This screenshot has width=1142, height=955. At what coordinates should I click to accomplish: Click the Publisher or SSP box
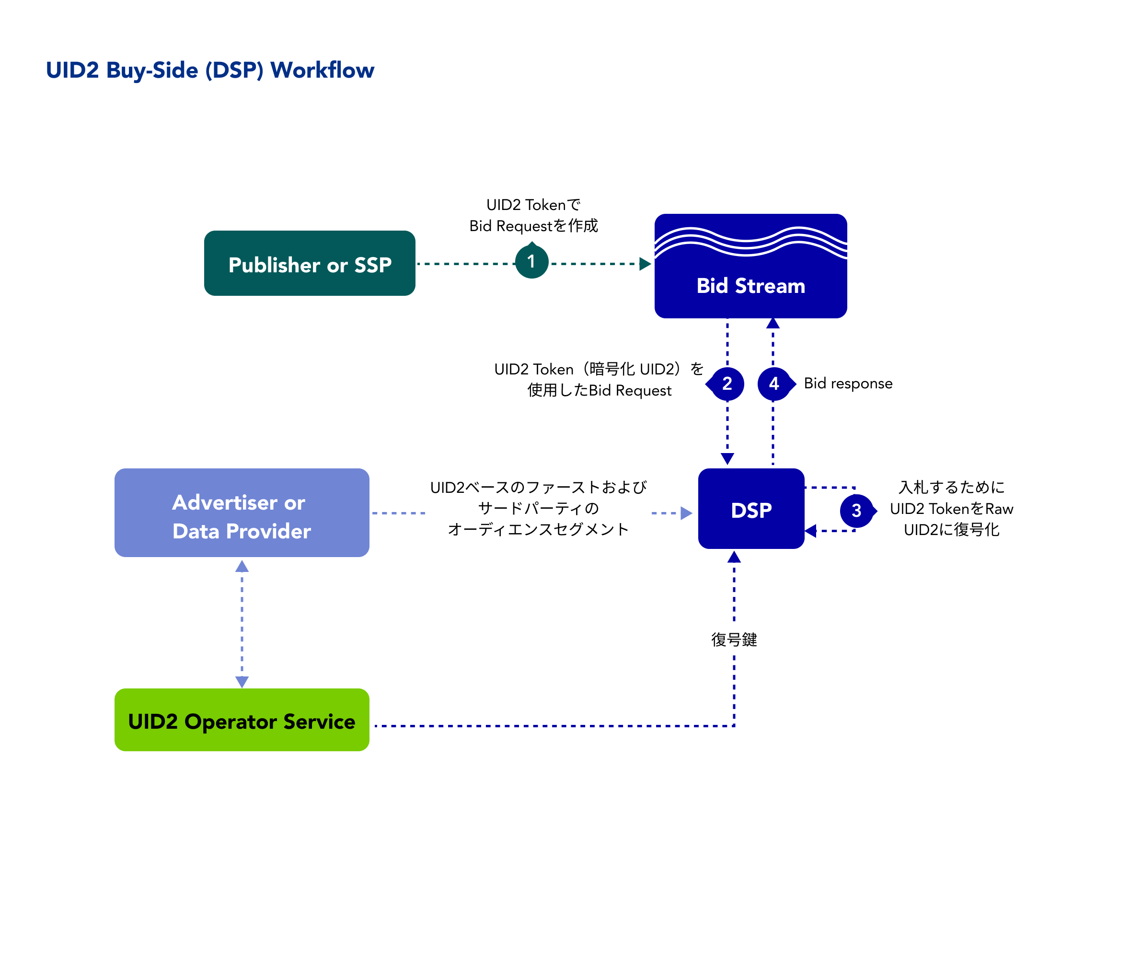point(310,263)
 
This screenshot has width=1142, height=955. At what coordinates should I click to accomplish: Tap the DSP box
point(751,509)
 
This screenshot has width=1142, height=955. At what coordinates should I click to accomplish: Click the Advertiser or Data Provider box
point(242,512)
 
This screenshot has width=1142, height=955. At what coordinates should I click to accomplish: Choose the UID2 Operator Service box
point(242,720)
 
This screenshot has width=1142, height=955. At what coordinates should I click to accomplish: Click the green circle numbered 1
point(531,262)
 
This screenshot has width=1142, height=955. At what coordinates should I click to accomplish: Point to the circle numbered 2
point(727,384)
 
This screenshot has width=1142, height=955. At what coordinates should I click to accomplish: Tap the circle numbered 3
point(856,511)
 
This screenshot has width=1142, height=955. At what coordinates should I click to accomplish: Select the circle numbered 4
point(774,384)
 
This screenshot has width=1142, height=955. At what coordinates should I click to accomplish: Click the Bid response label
point(848,384)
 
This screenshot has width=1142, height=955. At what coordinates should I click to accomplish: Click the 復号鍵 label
point(734,640)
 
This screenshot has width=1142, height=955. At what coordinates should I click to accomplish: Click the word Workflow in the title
point(322,70)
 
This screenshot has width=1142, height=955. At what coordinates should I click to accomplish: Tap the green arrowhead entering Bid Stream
point(645,264)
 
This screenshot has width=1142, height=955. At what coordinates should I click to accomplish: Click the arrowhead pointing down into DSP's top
point(727,459)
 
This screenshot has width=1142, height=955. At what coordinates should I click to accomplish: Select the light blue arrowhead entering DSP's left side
point(686,513)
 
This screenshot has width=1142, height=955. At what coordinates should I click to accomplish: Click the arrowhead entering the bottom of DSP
point(734,557)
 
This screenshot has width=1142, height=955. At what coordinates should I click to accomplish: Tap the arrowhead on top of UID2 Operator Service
point(242,681)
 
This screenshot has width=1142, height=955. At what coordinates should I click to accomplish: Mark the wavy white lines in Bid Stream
point(750,242)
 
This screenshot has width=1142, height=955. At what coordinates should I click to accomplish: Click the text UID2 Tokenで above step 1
point(533,205)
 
